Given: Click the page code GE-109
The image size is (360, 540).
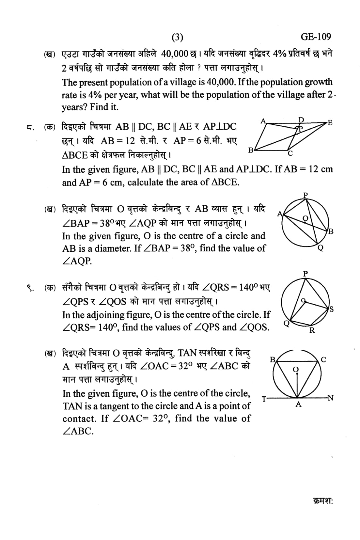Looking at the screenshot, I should [316, 37].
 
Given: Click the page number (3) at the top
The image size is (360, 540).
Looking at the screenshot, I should [177, 38].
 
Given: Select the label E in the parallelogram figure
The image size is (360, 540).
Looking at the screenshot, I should [330, 123].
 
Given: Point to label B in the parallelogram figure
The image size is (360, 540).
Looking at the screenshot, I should [250, 150].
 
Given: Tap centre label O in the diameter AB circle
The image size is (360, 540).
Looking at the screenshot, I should [305, 218].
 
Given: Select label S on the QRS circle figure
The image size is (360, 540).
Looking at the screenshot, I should [331, 309].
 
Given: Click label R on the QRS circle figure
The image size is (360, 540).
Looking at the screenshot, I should [312, 330].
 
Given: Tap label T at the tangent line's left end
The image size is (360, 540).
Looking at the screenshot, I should [264, 399].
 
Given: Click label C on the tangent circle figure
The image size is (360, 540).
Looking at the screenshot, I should [323, 360].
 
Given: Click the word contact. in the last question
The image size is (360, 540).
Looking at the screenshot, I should [79, 419].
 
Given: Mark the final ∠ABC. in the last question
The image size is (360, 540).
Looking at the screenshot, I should [78, 431].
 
